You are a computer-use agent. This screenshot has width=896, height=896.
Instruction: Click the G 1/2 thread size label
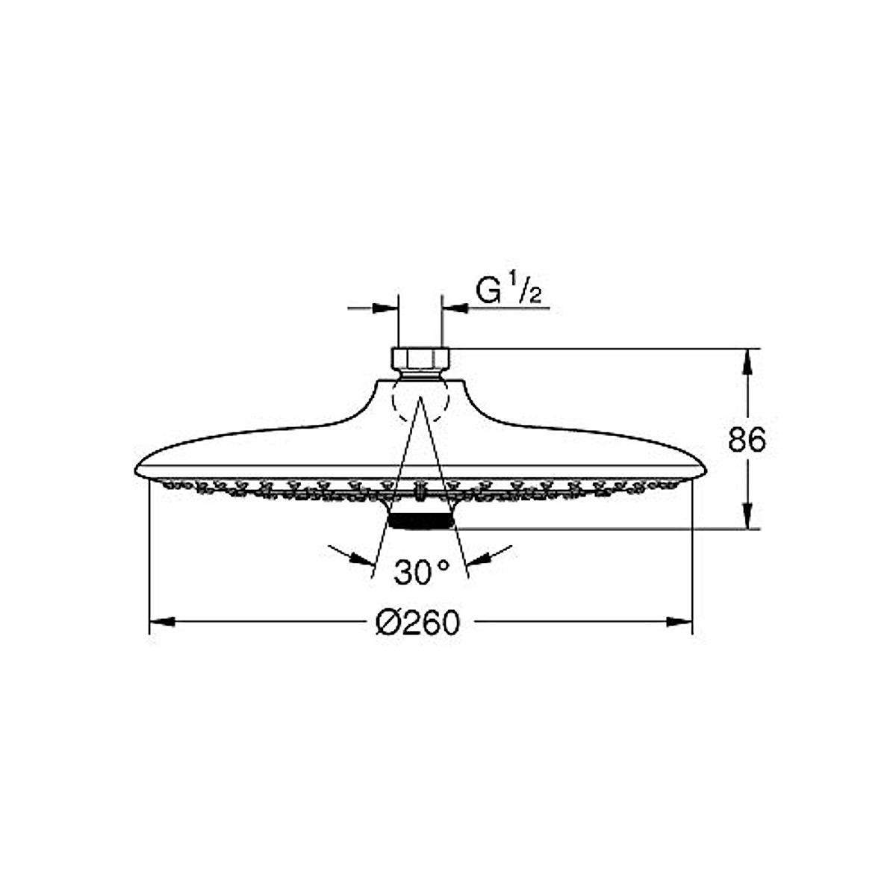point(509,291)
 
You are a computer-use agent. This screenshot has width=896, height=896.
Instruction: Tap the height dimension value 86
point(747,441)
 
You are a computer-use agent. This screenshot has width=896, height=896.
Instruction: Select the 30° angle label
point(422,573)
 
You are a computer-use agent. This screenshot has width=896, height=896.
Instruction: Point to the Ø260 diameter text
point(418,621)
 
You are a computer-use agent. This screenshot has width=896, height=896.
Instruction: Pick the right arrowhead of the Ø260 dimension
point(680,621)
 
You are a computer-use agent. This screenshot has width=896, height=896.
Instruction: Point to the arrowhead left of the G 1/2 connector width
point(384,307)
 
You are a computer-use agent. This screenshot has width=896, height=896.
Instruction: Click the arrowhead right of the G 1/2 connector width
point(455,307)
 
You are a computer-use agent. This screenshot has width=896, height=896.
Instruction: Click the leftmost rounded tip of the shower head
point(137,470)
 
